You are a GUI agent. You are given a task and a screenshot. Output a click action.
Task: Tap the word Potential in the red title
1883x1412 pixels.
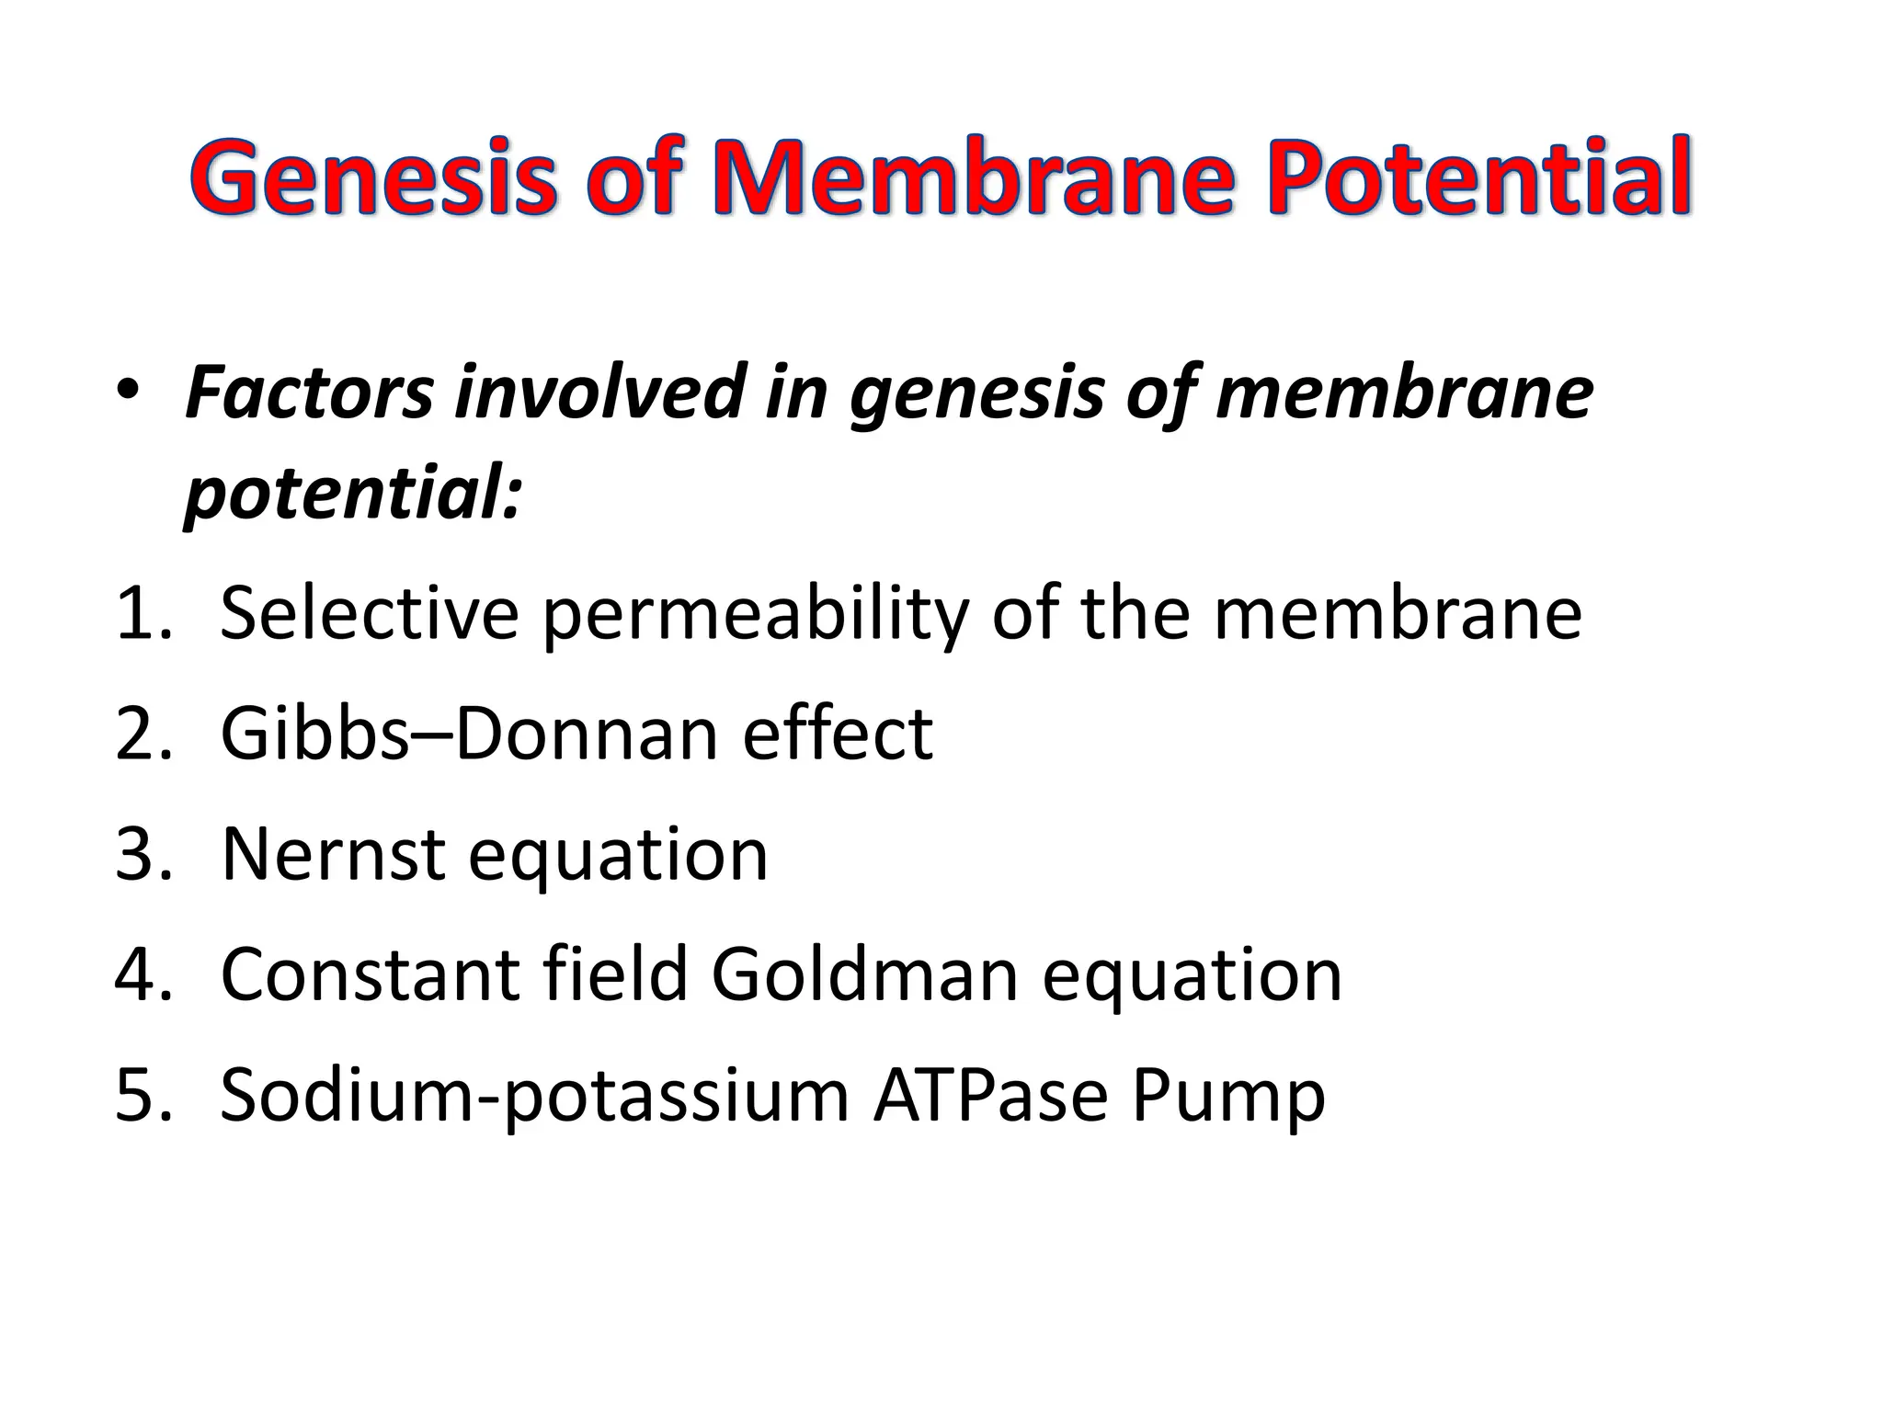1478,176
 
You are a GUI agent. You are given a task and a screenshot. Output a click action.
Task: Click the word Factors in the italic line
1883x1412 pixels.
308,393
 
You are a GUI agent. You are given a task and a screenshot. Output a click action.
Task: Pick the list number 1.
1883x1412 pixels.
143,614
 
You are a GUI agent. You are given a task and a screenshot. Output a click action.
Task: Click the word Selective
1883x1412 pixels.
370,614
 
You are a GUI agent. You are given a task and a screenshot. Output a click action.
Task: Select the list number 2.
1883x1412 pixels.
143,735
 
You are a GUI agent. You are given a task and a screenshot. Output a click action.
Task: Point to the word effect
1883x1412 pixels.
837,735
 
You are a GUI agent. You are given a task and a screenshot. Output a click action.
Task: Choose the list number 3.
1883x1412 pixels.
143,855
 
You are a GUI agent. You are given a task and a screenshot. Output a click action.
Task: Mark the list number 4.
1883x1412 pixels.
143,975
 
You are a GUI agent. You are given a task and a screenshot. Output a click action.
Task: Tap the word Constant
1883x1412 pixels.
370,975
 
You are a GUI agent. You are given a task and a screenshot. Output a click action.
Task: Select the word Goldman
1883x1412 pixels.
864,975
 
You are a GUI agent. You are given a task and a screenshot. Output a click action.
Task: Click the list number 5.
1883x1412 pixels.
143,1096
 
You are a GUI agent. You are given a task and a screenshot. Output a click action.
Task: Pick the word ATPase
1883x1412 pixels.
990,1096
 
